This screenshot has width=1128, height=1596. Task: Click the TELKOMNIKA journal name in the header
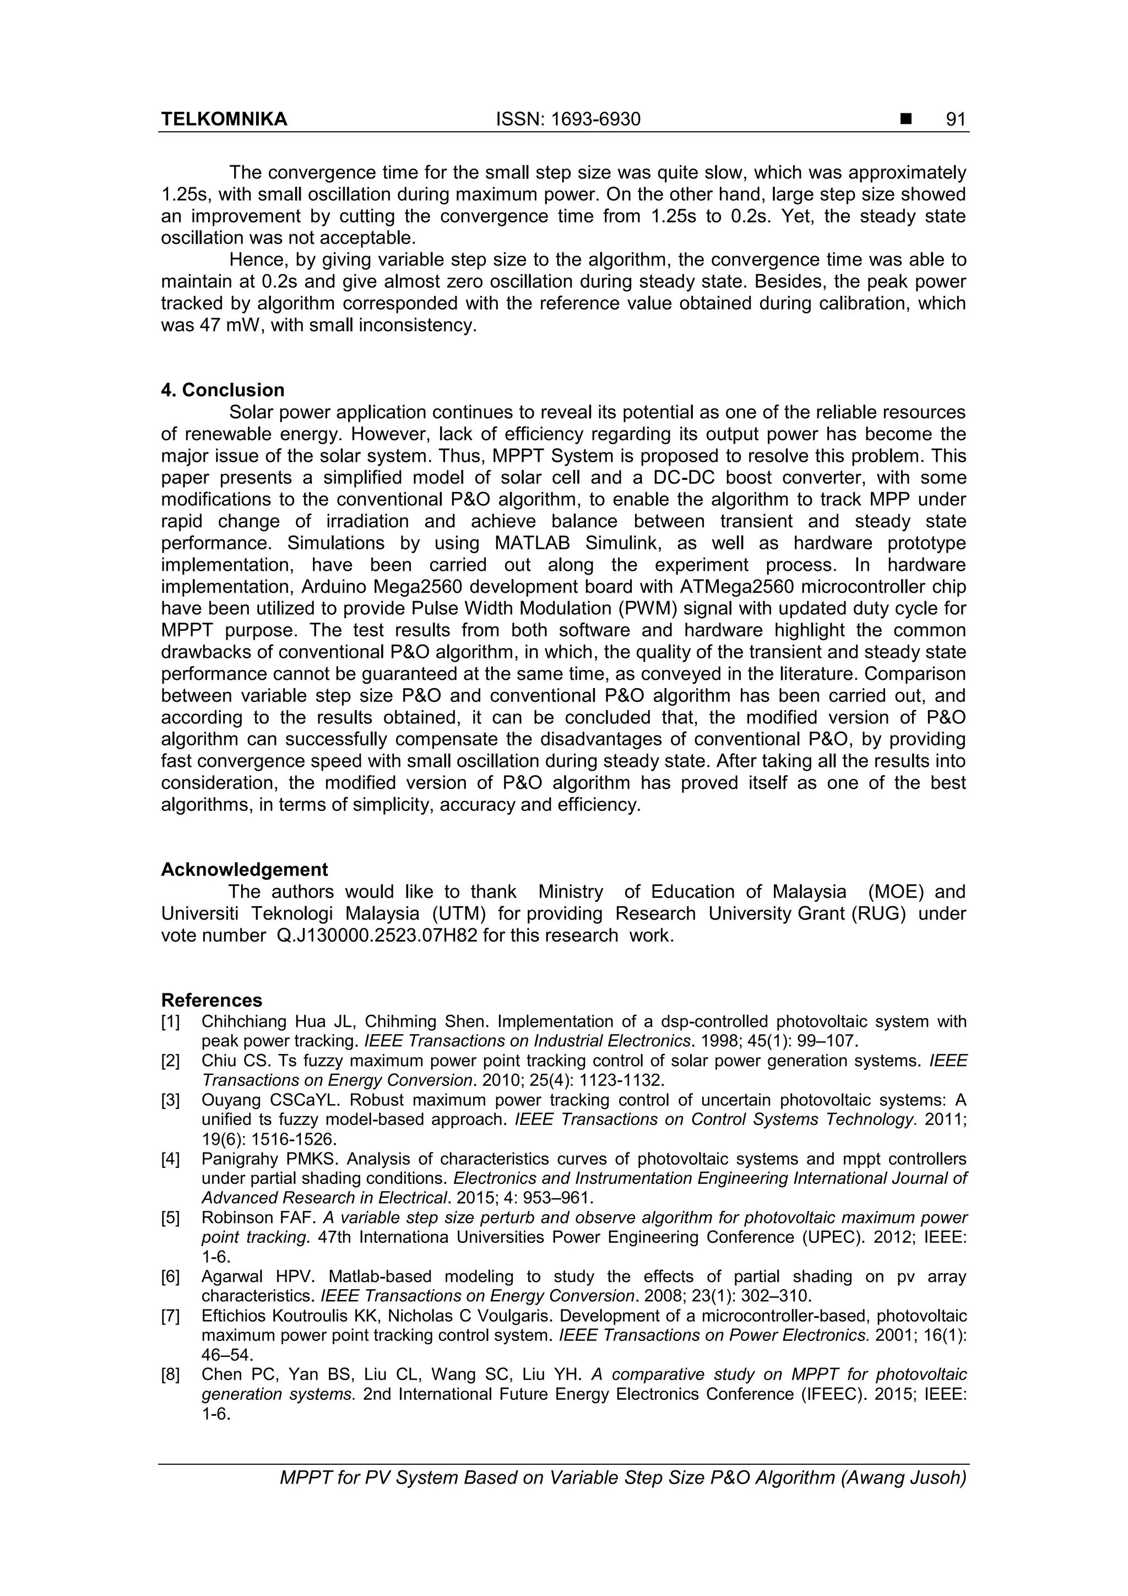coord(224,120)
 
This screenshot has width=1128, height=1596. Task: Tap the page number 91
coord(956,120)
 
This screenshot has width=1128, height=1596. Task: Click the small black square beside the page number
coord(905,120)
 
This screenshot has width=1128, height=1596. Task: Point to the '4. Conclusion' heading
coord(223,390)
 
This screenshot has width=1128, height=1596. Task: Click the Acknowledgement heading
coord(244,869)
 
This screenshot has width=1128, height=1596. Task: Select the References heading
coord(211,1000)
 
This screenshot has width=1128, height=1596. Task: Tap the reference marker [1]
coord(170,1022)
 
